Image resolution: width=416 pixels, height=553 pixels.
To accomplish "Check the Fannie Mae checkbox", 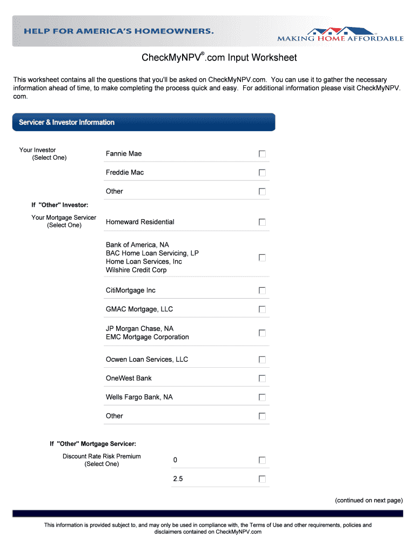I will pos(262,154).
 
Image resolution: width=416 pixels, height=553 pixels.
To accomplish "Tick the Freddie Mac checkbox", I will pos(262,173).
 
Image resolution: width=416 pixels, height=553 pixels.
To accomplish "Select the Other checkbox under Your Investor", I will pos(262,191).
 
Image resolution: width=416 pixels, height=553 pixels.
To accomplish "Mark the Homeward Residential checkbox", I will pos(262,222).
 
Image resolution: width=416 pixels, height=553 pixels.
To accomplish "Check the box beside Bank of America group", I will pos(262,258).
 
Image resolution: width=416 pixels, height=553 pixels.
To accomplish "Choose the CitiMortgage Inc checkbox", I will pos(262,291).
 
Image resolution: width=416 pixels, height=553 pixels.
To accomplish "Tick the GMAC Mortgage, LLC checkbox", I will pos(262,309).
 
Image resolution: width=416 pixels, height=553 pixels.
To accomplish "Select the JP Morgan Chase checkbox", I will pos(262,333).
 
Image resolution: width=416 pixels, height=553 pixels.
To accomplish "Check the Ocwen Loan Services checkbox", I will pos(262,360).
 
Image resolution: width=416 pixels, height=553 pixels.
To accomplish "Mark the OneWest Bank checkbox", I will pos(262,378).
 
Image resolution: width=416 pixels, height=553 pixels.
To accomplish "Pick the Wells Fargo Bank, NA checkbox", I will pos(262,397).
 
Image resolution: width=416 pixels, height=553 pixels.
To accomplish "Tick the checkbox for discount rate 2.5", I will pos(262,479).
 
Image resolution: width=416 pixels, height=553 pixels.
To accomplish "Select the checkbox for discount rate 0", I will pos(262,460).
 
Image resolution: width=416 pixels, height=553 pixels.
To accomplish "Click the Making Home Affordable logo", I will pos(340,33).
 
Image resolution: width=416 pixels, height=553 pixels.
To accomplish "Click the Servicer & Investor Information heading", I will pos(67,123).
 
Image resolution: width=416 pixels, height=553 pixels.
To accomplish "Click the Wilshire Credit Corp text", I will pos(136,270).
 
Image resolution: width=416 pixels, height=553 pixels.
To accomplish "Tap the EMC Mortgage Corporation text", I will pos(147,337).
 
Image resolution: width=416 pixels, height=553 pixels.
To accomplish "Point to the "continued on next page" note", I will pos(368,500).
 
